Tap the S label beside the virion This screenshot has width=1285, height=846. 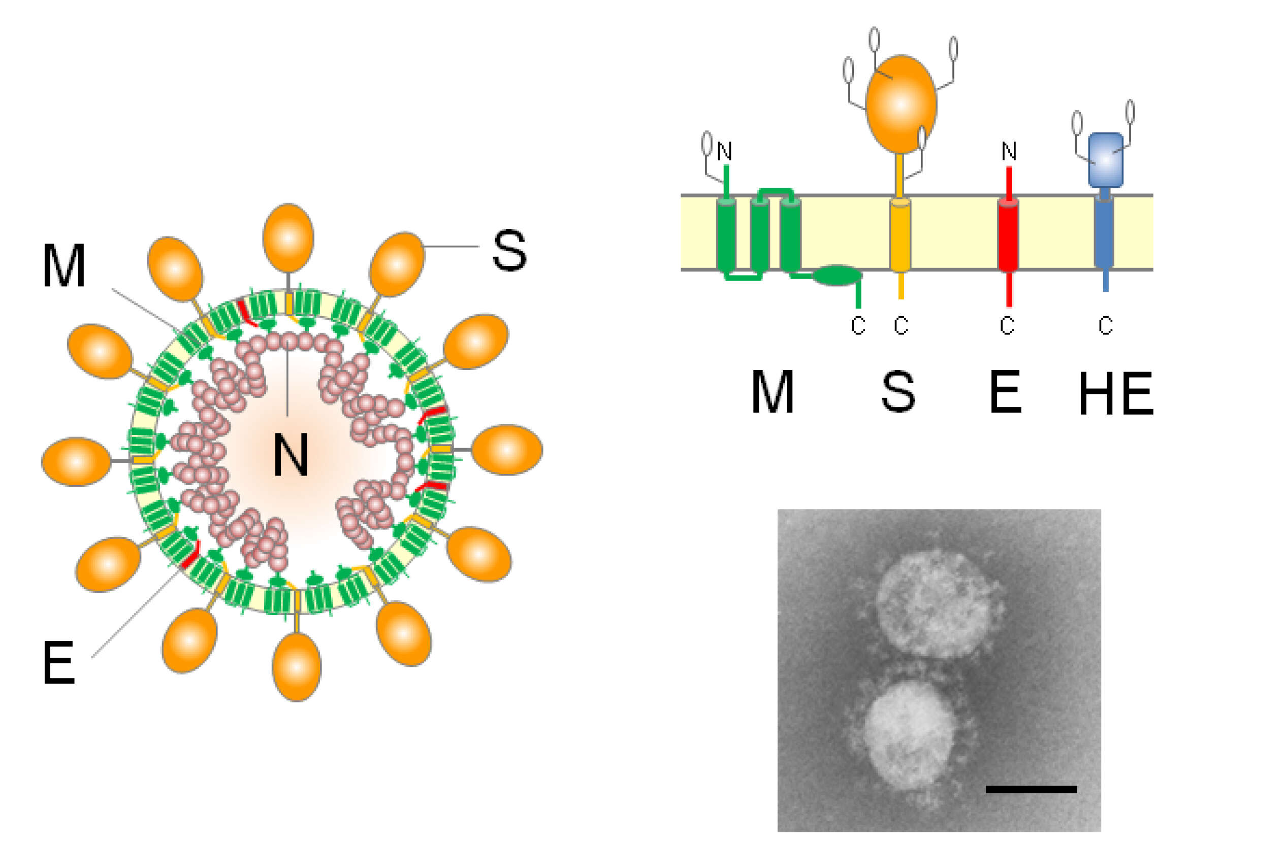(509, 250)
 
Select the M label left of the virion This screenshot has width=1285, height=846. (63, 265)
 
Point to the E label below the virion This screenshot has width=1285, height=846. (58, 663)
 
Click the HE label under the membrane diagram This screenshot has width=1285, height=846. (1116, 394)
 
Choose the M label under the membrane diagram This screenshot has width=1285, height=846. (772, 392)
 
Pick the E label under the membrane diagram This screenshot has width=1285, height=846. (1005, 392)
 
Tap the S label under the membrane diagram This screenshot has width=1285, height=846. (898, 392)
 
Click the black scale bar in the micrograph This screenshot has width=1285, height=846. (1031, 789)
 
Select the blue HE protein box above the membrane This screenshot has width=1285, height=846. (1106, 160)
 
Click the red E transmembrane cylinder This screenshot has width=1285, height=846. (1008, 234)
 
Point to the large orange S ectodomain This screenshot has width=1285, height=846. (901, 104)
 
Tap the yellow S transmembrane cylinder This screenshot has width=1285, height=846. (900, 234)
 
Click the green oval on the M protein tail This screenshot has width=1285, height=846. (838, 275)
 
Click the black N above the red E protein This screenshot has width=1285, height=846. (1009, 152)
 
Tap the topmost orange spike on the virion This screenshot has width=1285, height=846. (288, 238)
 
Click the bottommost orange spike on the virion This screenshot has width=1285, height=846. (297, 667)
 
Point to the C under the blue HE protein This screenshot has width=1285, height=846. (1106, 325)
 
